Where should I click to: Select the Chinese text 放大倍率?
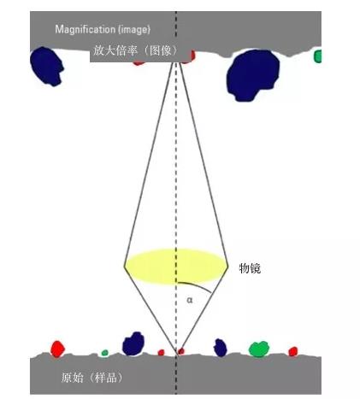point(115,50)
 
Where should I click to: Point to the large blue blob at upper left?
point(46,67)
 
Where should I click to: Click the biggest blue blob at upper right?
point(253,75)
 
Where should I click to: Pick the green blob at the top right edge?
point(317,56)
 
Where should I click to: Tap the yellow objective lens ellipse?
point(176,267)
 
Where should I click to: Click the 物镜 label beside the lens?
point(250,268)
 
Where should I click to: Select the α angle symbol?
point(190,300)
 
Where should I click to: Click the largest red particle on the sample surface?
point(57,349)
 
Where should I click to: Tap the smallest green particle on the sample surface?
point(105,353)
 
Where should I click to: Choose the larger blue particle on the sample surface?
point(133,343)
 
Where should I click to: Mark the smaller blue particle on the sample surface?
point(221,348)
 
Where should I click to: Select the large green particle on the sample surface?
point(259,349)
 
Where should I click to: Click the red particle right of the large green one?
point(293,351)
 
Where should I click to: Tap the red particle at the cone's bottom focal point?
point(181,351)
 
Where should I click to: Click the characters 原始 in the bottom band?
point(73,378)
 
